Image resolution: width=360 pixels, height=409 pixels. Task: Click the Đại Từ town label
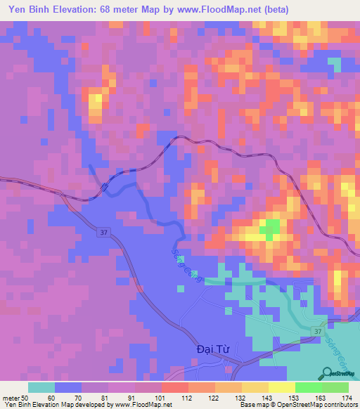pyautogui.click(x=210, y=349)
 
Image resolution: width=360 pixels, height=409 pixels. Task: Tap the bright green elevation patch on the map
pyautogui.click(x=270, y=226)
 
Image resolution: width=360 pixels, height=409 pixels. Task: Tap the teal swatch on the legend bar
pyautogui.click(x=41, y=387)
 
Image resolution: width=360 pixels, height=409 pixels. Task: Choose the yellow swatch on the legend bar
pyautogui.click(x=281, y=387)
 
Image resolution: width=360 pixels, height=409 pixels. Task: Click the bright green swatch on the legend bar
pyautogui.click(x=308, y=387)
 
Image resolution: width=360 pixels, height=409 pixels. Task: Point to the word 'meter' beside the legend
pyautogui.click(x=12, y=398)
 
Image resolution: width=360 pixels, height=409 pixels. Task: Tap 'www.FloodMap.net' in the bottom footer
pyautogui.click(x=141, y=405)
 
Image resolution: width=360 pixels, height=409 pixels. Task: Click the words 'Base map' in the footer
pyautogui.click(x=252, y=405)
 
